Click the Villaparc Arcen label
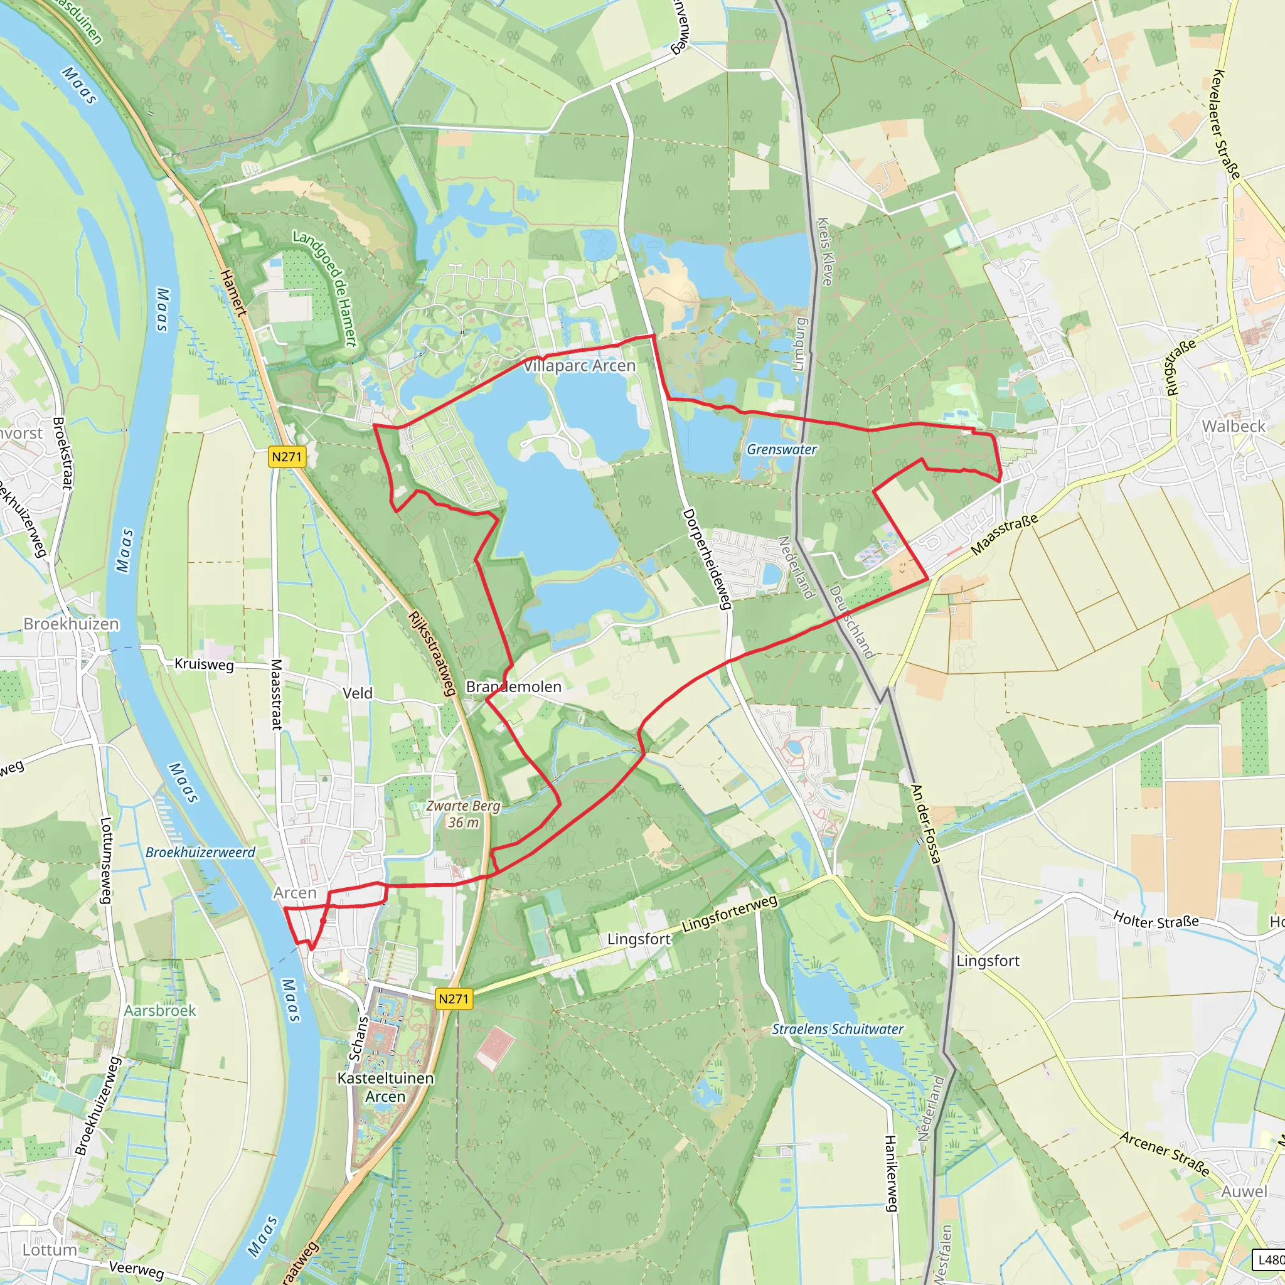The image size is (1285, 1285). click(579, 366)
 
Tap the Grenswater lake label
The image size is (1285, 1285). click(782, 450)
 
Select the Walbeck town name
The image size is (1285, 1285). click(1233, 426)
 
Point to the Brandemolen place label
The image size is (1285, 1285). click(513, 686)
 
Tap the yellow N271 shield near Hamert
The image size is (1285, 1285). click(287, 457)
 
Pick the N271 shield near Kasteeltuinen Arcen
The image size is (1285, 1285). click(454, 998)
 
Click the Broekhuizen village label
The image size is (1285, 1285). click(71, 624)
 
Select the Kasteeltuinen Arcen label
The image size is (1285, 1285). click(385, 1087)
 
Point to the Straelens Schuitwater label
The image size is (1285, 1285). click(838, 1029)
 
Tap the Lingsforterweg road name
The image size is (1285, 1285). click(729, 913)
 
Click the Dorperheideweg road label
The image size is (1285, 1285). click(707, 558)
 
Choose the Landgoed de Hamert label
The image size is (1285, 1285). click(325, 289)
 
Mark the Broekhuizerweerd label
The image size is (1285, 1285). click(200, 853)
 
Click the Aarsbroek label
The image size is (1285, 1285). click(160, 1010)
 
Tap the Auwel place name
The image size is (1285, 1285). click(1244, 1192)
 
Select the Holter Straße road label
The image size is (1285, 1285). click(1156, 921)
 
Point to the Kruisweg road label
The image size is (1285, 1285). click(203, 664)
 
